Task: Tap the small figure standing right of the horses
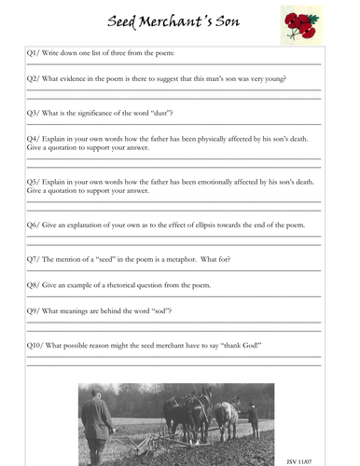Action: tap(252, 419)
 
